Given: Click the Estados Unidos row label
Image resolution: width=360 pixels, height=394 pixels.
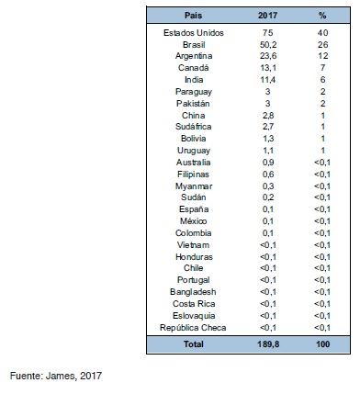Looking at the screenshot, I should click(x=193, y=32).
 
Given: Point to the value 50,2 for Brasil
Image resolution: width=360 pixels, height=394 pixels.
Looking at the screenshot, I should click(x=266, y=44).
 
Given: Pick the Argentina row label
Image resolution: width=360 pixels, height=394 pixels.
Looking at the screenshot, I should click(x=193, y=56).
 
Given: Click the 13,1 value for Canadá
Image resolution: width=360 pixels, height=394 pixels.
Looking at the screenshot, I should click(x=266, y=68).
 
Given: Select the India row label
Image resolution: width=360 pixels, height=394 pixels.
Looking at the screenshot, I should click(x=193, y=80).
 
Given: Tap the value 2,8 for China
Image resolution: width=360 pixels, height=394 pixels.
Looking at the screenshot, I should click(x=266, y=115).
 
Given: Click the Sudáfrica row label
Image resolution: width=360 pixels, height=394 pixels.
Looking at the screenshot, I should click(x=193, y=127).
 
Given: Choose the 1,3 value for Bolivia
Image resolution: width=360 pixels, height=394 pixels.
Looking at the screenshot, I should click(x=266, y=139).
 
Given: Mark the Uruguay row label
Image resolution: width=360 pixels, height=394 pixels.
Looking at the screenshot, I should click(x=193, y=151).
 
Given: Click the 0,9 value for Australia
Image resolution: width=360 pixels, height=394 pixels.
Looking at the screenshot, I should click(x=266, y=163).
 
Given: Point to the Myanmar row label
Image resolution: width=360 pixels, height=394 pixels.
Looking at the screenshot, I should click(x=193, y=186).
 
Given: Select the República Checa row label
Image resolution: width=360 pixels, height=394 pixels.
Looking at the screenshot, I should click(x=193, y=327).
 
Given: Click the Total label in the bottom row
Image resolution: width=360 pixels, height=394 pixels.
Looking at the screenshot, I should click(x=193, y=344).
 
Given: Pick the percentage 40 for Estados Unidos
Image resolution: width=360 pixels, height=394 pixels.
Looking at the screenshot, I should click(x=321, y=32).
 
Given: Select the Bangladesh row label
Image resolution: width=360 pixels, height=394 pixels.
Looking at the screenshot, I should click(x=193, y=291).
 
